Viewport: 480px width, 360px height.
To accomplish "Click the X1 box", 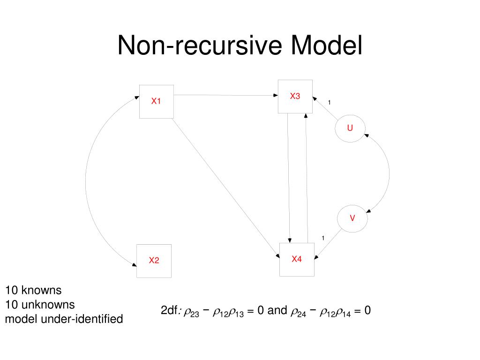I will [157, 101].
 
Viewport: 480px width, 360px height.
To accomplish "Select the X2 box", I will [154, 261].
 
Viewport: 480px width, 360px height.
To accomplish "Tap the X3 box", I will [295, 97].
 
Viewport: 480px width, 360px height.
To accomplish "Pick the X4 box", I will [297, 259].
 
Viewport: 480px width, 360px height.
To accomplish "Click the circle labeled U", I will [350, 127].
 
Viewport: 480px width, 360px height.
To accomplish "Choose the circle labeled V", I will [352, 218].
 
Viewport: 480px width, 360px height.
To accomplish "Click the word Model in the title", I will [327, 46].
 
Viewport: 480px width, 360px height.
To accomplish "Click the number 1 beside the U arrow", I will [329, 103].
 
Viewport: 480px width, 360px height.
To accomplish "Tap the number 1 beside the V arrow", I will [323, 238].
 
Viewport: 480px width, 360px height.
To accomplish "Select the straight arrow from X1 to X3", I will [225, 95].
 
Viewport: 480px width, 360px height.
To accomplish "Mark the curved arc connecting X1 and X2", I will [86, 180].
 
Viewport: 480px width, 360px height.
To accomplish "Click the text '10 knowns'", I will [33, 290].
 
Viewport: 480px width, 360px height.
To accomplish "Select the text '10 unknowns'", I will [40, 305].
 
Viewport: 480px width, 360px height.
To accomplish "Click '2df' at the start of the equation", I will [169, 310].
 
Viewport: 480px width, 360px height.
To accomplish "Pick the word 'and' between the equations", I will [277, 310].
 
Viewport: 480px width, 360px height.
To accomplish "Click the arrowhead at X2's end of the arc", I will [134, 264].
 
